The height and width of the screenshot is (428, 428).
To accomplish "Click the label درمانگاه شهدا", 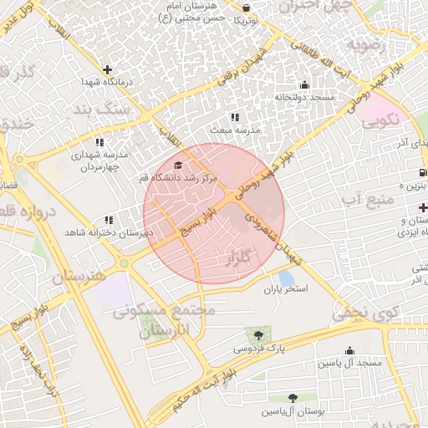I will (104, 83).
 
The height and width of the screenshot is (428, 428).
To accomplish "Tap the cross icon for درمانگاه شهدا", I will (107, 69).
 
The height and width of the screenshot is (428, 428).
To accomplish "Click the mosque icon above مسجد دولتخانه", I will (303, 84).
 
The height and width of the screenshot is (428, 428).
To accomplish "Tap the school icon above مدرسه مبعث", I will (236, 117).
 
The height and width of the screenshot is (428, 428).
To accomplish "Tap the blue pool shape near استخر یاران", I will (286, 277).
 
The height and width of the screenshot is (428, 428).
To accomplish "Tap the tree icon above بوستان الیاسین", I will (292, 398).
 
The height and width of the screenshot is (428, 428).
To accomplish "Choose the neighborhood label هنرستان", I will (80, 275).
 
